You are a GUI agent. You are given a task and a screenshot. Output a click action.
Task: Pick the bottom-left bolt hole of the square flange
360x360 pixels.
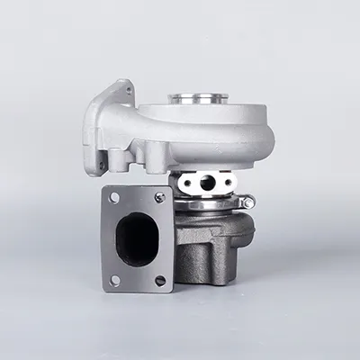[114, 280]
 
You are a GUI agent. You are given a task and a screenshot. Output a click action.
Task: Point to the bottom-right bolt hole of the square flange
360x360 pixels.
[161, 280]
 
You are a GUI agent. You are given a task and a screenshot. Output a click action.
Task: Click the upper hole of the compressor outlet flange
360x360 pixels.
[127, 89]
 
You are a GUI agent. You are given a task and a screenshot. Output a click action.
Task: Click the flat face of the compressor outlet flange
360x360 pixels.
[99, 126]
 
